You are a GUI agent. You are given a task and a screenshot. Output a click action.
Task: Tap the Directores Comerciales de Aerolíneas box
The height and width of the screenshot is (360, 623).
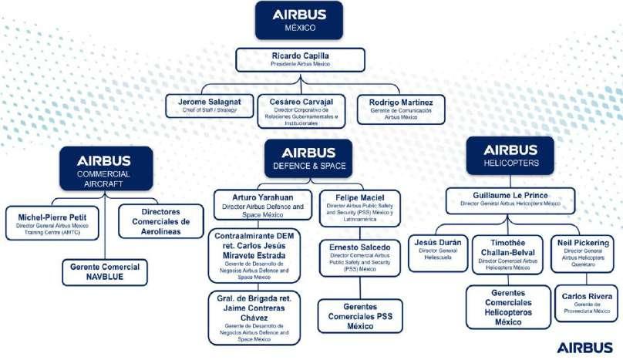(161, 220)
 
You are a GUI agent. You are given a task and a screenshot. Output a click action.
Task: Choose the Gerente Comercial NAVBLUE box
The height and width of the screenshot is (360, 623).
(103, 271)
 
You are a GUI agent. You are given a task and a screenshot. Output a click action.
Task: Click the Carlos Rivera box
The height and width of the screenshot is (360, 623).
(585, 302)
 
